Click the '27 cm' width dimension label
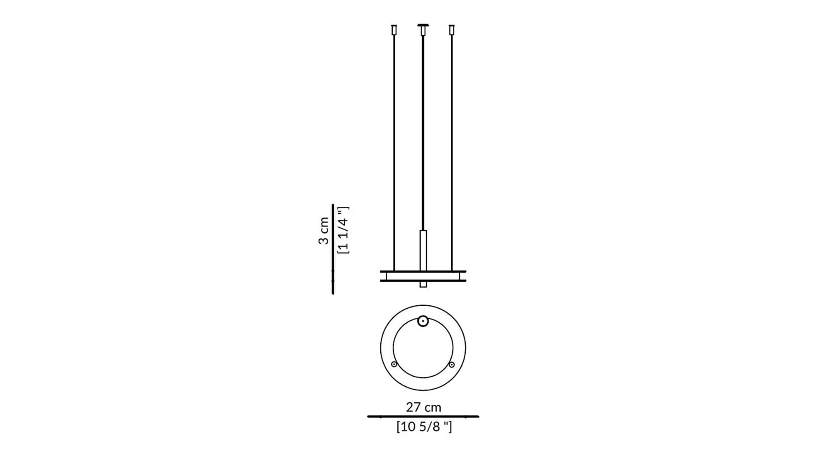pos(423,407)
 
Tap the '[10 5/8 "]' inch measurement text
pos(424,427)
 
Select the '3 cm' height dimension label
pos(323,231)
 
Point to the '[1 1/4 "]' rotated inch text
pos(343,230)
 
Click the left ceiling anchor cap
pos(394,30)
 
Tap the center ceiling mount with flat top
pos(423,29)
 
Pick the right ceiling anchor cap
pos(452,30)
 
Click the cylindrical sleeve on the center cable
pos(423,251)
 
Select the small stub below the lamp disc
pos(423,284)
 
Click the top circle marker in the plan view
pos(423,321)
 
